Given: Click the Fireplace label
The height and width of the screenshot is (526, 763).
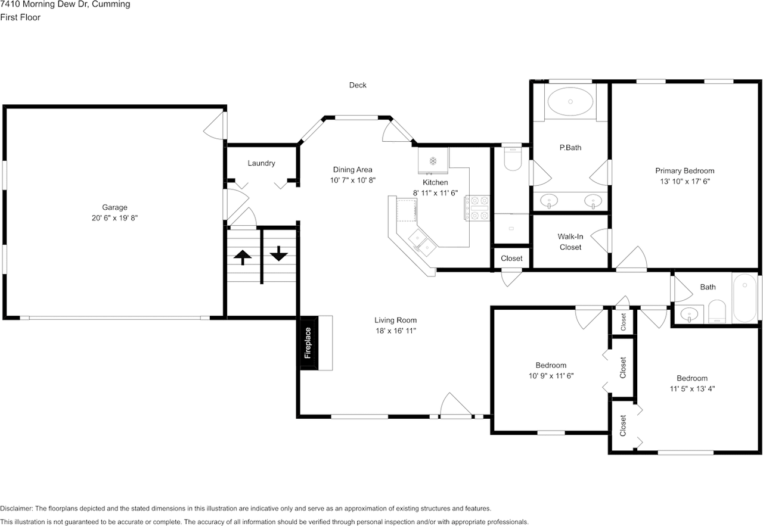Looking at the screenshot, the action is (x=308, y=343).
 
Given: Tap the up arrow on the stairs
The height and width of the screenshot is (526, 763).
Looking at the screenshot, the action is (x=243, y=257).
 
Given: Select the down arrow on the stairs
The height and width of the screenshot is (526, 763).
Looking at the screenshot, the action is (x=279, y=253).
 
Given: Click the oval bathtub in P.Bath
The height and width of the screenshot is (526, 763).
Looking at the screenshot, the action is (x=570, y=101).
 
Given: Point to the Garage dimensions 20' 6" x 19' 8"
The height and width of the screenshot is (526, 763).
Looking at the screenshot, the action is (x=114, y=218).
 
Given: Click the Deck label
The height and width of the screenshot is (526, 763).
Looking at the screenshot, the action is (x=358, y=85).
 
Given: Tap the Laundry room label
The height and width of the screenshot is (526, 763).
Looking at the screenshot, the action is (x=261, y=163).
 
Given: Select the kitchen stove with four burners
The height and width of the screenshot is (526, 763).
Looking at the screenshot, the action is (x=477, y=208).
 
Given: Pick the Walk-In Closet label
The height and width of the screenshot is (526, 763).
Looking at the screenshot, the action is (x=570, y=242).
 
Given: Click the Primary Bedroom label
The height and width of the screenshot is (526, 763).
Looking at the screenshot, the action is (x=685, y=171).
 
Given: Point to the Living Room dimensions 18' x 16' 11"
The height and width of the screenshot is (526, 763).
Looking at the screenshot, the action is (x=396, y=331).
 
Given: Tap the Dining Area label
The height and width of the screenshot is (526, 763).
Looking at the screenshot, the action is (x=352, y=170).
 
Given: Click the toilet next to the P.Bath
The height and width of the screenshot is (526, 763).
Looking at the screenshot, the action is (x=513, y=158).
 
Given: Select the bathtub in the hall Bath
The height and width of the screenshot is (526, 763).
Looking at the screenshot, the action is (x=745, y=298).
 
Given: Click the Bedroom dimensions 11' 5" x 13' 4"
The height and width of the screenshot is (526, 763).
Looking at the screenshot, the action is (x=692, y=389).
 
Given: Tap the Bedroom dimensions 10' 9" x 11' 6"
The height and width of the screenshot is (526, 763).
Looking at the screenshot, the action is (x=551, y=376).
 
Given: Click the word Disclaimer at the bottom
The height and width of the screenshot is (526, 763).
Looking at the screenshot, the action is (x=16, y=509).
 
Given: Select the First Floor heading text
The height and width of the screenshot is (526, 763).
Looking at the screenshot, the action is (x=20, y=17).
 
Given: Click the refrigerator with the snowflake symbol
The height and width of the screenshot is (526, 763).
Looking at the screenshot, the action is (x=433, y=160).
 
